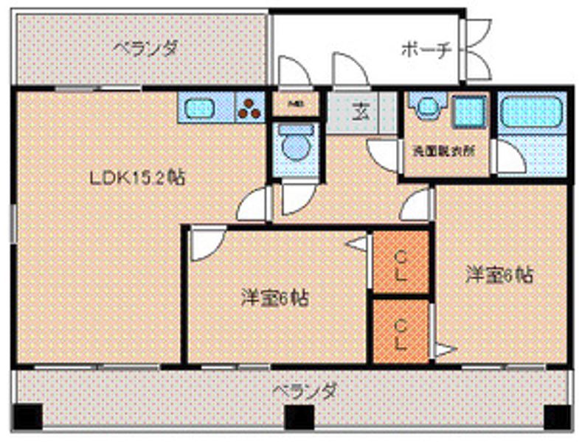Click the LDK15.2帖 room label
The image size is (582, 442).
pos(136,178)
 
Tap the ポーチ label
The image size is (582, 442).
pos(426,49)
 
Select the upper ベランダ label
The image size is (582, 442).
pos(145,48)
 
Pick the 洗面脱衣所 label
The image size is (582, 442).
pos(443,150)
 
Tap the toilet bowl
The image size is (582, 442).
pos(295,145)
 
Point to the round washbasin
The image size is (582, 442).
pos(427,108)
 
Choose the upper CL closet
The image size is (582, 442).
pos(401,262)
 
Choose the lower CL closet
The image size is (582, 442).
pos(401,331)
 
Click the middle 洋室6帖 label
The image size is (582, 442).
pos(274,298)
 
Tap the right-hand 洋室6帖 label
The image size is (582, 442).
pos(498,276)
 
